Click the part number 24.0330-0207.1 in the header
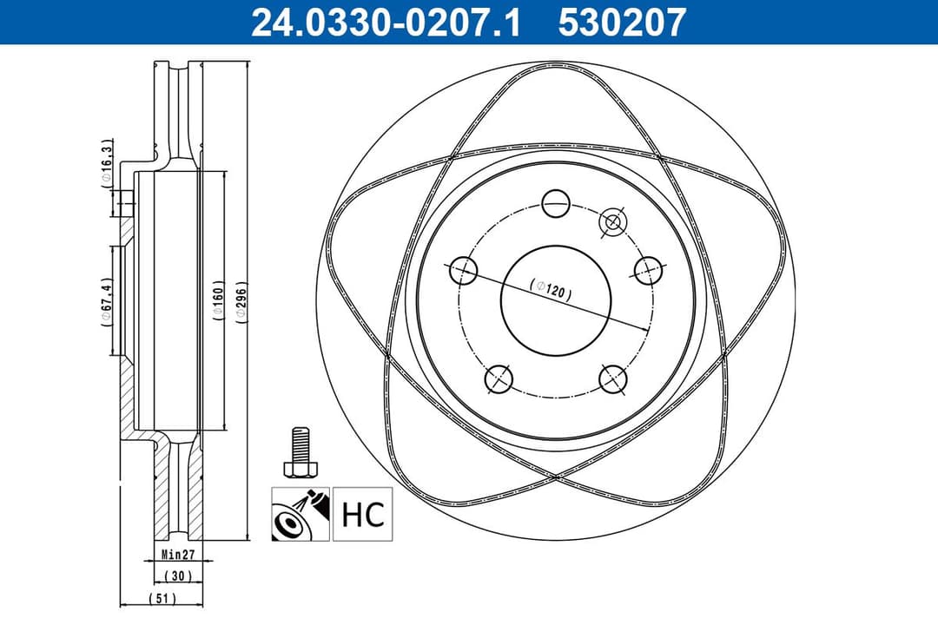tap(386, 22)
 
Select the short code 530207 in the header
tap(622, 22)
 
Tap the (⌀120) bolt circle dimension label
tap(551, 289)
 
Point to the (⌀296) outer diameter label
tap(242, 302)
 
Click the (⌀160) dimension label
tap(218, 302)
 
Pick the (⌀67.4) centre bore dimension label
tap(106, 301)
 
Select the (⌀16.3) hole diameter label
tap(106, 162)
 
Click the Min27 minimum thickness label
tap(178, 554)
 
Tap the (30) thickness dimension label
tap(178, 576)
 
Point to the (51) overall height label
tap(162, 598)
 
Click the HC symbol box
tap(362, 514)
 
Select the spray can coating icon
tap(300, 514)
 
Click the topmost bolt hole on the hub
tap(555, 204)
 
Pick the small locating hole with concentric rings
tap(612, 222)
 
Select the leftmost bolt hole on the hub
tap(464, 270)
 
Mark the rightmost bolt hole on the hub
tap(647, 270)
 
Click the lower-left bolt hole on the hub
tap(499, 378)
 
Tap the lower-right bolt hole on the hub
tap(612, 378)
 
